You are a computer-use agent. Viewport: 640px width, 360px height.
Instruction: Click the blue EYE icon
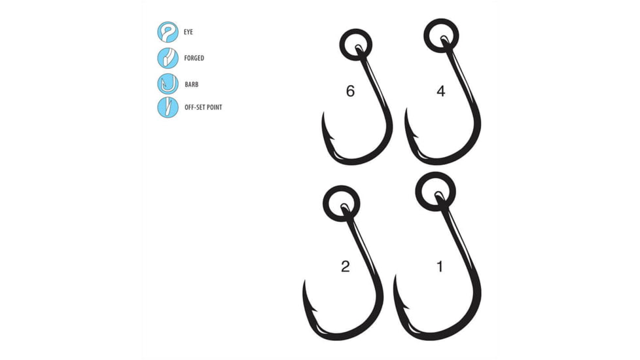pyautogui.click(x=168, y=32)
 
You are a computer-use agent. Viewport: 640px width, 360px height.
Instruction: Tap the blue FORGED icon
pyautogui.click(x=168, y=58)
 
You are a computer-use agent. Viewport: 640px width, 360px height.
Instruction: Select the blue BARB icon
pyautogui.click(x=168, y=82)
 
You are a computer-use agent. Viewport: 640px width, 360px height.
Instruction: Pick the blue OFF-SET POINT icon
pyautogui.click(x=168, y=107)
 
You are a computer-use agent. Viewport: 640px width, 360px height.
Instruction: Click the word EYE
pyautogui.click(x=190, y=32)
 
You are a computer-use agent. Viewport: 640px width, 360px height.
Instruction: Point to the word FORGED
pyautogui.click(x=194, y=58)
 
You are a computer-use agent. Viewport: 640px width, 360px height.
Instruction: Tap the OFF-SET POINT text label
pyautogui.click(x=204, y=107)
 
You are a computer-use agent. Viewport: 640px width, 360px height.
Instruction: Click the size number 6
pyautogui.click(x=350, y=92)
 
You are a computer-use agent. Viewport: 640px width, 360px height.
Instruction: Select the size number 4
pyautogui.click(x=440, y=92)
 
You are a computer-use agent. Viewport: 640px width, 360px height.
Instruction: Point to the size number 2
pyautogui.click(x=346, y=266)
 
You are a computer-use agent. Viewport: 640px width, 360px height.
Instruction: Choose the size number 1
pyautogui.click(x=440, y=266)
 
